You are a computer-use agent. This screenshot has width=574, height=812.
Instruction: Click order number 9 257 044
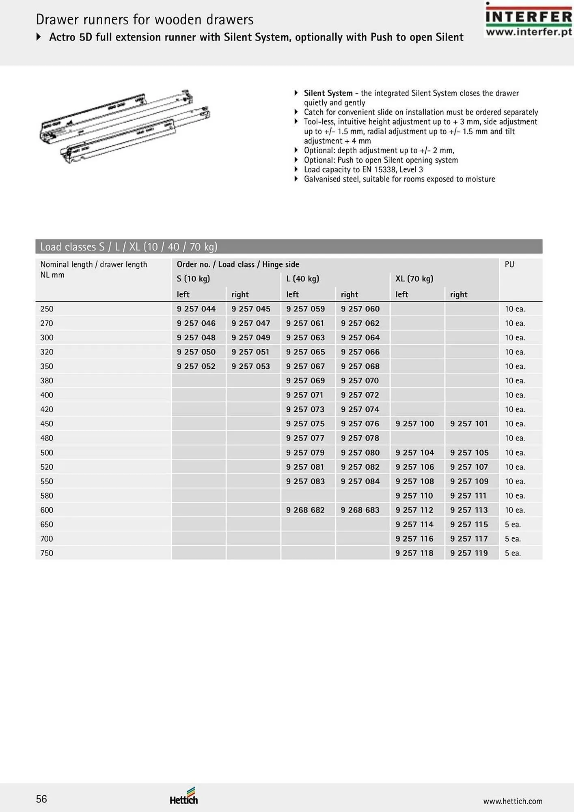click(x=196, y=309)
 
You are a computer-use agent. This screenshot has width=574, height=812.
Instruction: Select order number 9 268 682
click(x=305, y=510)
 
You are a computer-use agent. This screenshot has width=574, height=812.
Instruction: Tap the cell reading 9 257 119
click(x=469, y=553)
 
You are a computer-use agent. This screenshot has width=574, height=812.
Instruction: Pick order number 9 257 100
click(x=414, y=424)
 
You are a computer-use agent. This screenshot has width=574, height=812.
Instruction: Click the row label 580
click(x=47, y=496)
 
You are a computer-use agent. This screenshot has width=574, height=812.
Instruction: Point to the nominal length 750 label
click(x=47, y=553)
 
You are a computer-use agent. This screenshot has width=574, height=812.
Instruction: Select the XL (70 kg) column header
click(x=414, y=279)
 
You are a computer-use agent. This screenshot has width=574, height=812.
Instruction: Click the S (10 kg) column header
click(x=193, y=279)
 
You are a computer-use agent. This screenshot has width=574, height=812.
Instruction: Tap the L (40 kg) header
click(x=302, y=279)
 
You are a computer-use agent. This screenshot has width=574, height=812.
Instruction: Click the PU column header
click(x=509, y=264)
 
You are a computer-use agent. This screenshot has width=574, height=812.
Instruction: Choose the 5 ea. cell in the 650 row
click(x=513, y=525)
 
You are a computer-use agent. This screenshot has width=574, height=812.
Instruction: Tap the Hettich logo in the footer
click(x=184, y=797)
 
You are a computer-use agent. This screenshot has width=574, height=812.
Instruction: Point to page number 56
click(x=41, y=799)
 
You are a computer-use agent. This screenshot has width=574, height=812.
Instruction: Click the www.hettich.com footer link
click(x=512, y=801)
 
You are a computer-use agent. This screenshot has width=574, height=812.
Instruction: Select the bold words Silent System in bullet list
click(x=328, y=93)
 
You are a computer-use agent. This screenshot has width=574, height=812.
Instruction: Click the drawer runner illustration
click(x=125, y=127)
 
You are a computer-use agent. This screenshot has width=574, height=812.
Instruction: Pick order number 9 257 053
click(x=250, y=366)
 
